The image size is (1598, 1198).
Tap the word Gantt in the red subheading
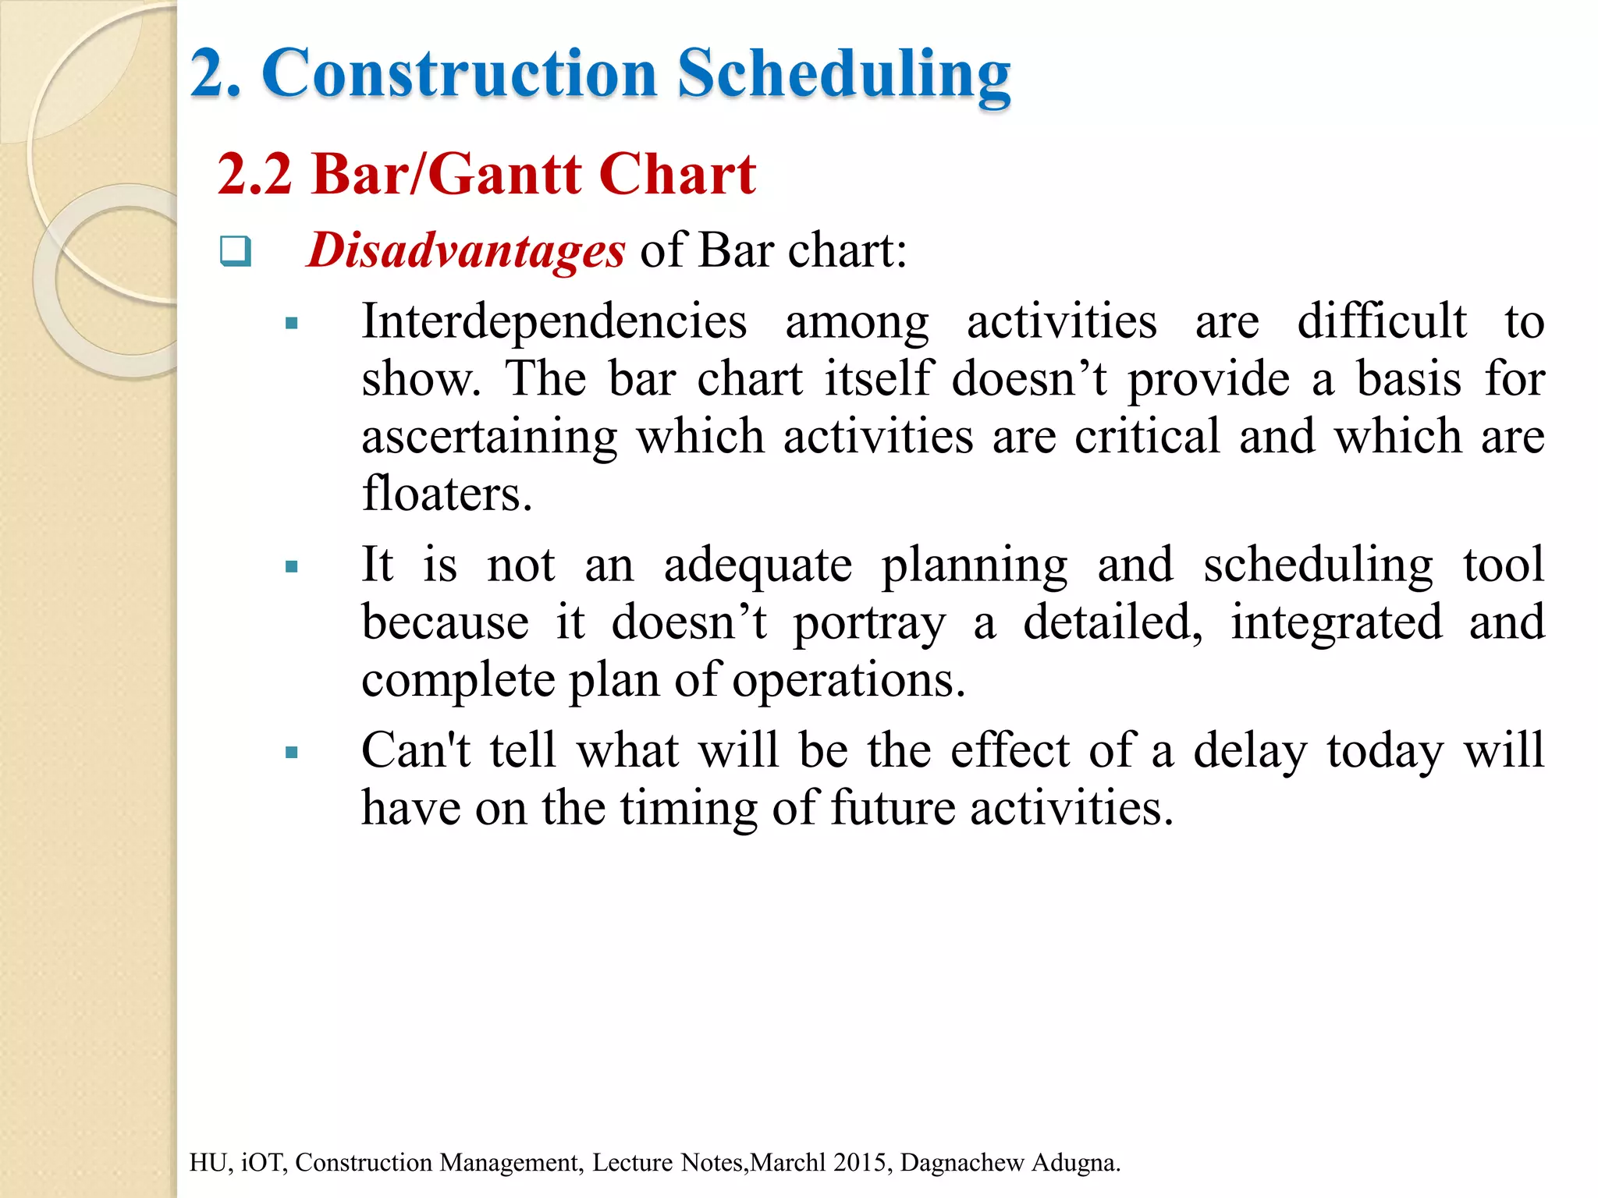pos(504,174)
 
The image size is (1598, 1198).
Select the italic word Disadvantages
pos(466,251)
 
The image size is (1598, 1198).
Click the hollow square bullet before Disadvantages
pos(235,251)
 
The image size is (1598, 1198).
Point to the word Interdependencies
pos(554,321)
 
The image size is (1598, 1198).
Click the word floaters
pos(446,494)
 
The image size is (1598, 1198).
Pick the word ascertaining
pos(489,437)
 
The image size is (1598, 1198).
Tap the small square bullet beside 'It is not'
pos(292,567)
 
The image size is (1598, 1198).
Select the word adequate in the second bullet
pos(758,565)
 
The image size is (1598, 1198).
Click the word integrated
pos(1336,623)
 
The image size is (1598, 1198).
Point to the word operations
pos(848,680)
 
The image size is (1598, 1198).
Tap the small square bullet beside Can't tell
pos(292,753)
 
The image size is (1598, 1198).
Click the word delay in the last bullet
pos(1249,751)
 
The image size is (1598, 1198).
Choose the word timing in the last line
pos(689,809)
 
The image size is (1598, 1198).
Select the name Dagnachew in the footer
pos(961,1162)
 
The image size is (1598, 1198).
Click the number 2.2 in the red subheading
pos(254,174)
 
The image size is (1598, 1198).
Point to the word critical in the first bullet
pos(1147,437)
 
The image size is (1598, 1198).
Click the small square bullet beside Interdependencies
pos(292,324)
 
